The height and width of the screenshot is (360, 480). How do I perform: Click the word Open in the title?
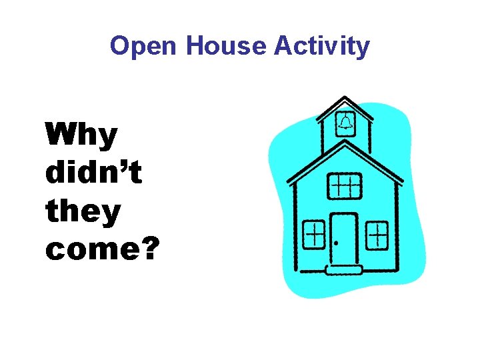(145, 46)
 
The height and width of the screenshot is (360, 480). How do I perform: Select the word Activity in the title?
(321, 46)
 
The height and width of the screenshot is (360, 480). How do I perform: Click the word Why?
(81, 137)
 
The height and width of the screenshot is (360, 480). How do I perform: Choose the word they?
(83, 212)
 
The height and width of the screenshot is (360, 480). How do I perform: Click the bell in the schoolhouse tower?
(345, 122)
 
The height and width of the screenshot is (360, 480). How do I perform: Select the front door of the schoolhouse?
(344, 239)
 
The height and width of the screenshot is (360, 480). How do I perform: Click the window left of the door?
(313, 234)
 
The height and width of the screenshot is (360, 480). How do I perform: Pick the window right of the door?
(377, 234)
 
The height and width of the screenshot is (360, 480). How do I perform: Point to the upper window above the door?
(345, 185)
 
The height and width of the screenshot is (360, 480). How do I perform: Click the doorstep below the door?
(344, 270)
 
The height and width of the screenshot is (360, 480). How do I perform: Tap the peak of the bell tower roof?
(344, 97)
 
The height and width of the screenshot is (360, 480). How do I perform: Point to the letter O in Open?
(120, 46)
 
